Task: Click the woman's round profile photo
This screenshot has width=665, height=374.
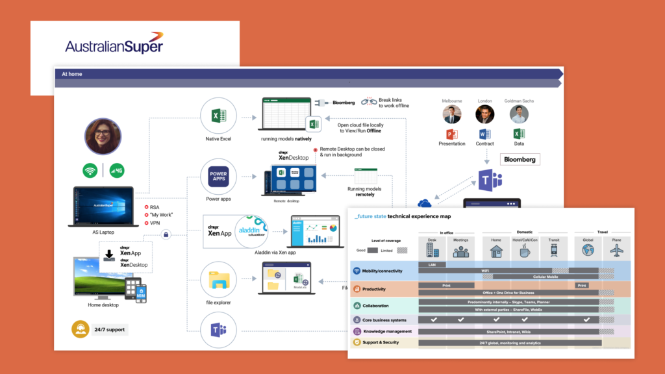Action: click(x=103, y=136)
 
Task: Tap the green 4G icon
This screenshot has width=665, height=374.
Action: click(x=117, y=171)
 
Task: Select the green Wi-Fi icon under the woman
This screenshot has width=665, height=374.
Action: click(x=90, y=171)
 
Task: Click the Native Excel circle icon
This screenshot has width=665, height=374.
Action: click(x=218, y=116)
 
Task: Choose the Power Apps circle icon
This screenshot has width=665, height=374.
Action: click(x=218, y=176)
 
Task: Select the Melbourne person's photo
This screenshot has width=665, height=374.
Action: click(x=452, y=114)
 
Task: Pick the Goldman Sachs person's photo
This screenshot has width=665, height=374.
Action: click(x=519, y=114)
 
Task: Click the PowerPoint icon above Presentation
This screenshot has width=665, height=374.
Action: click(x=452, y=134)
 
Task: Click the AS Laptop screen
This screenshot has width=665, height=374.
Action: click(x=101, y=203)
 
